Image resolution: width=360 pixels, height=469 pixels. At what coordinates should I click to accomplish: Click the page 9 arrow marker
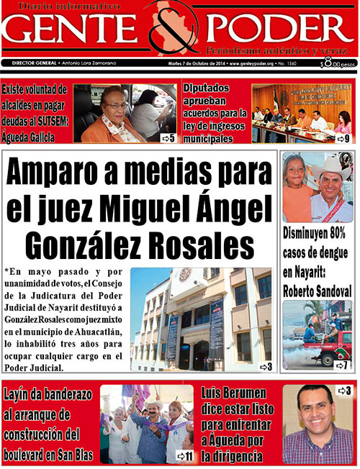pos(343,138)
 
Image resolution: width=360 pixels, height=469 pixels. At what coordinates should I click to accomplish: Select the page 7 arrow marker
pos(341,365)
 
